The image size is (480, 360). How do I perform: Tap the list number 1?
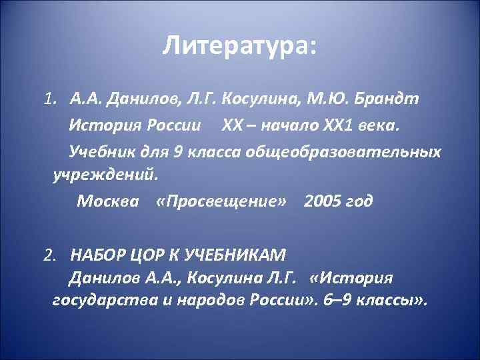pos(49,100)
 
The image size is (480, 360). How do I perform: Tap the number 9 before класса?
pos(177,152)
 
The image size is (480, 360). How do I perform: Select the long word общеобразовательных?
pos(344,152)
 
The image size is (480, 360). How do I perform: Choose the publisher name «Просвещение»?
pos(223,201)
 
